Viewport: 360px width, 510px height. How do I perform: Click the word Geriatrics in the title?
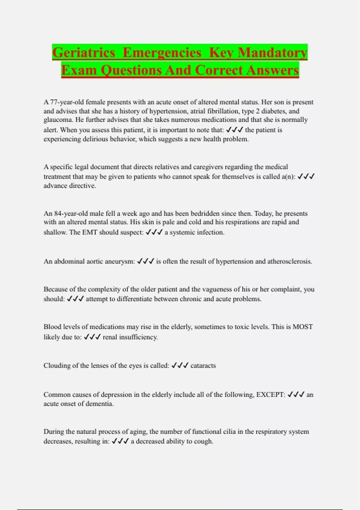(84, 53)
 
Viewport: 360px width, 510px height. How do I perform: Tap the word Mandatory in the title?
(273, 53)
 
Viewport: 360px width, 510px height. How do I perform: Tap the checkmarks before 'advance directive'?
(306, 176)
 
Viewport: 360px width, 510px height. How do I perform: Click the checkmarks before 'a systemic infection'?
(154, 232)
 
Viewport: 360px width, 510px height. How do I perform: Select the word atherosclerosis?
(289, 261)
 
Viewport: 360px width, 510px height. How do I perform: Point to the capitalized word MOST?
(302, 327)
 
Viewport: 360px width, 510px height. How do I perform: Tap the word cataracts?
(203, 366)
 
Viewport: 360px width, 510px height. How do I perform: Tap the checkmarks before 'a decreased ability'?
(120, 441)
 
